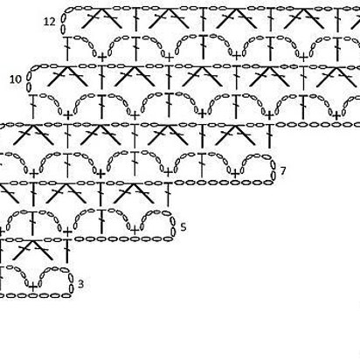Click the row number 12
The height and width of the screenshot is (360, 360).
pos(49,22)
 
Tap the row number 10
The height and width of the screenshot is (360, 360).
pos(16,80)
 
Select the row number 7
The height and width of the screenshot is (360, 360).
pos(283,170)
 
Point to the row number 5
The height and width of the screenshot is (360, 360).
pos(183,227)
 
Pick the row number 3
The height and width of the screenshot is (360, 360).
pos(80,284)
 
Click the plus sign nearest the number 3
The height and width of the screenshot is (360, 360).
pos(33,287)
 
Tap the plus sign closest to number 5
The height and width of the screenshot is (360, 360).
pos(135,231)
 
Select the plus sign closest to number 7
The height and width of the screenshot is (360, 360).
pos(235,174)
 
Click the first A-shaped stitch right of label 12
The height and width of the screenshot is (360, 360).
pos(100,18)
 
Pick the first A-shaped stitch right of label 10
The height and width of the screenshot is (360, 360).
pos(67,76)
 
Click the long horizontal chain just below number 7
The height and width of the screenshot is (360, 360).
pos(224,183)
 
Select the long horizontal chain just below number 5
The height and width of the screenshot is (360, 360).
pos(123,239)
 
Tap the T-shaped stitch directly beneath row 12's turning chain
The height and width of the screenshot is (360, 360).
pos(67,48)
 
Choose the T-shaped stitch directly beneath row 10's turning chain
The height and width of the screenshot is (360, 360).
pos(33,107)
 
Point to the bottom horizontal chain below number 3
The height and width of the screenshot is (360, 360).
pos(35,295)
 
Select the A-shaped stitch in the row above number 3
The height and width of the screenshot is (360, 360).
pos(33,249)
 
